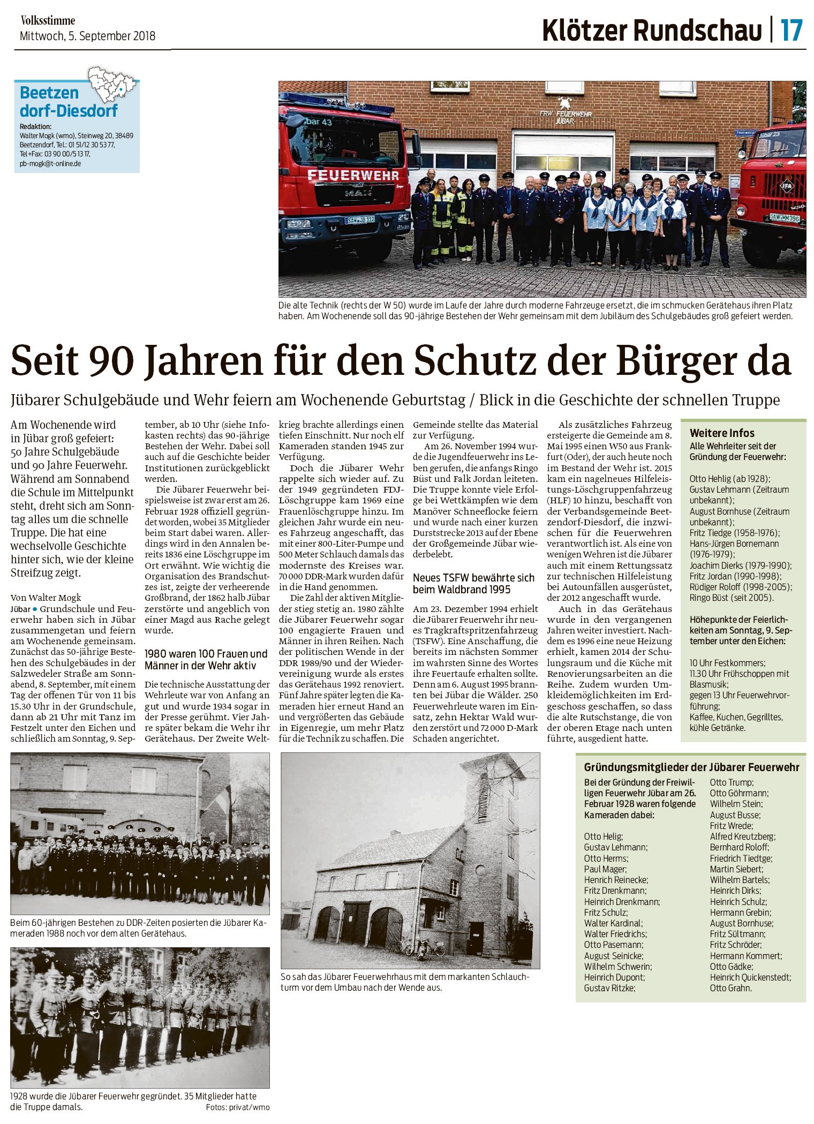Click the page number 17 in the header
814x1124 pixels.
click(792, 30)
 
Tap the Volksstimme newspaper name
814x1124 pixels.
click(48, 21)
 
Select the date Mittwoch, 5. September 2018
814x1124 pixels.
click(87, 36)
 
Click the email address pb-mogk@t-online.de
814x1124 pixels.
click(50, 163)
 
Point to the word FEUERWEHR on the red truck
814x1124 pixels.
click(353, 176)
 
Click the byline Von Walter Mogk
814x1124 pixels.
click(46, 598)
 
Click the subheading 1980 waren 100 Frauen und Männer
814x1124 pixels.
click(206, 660)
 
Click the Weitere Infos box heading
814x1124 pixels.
click(722, 433)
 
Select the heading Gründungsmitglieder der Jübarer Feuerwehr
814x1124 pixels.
click(691, 767)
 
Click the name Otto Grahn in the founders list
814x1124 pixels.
click(730, 988)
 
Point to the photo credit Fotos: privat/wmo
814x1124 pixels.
click(237, 1107)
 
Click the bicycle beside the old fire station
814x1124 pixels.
click(431, 948)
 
